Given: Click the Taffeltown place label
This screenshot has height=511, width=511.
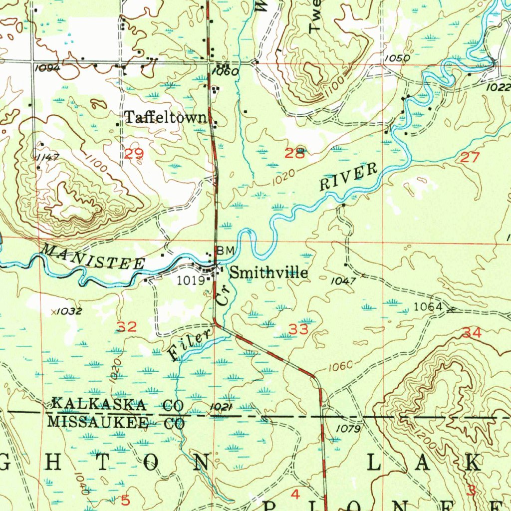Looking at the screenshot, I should coord(165,117).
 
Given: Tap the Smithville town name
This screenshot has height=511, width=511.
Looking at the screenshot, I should coord(269,273).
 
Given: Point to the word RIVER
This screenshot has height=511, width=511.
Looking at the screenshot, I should coord(349,177).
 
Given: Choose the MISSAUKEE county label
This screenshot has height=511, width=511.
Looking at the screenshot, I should coord(97,423).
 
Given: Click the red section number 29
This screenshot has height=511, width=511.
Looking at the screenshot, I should coord(134,154).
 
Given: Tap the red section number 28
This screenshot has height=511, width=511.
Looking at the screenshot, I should coord(294,154).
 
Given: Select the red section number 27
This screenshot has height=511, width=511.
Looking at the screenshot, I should coord(470,158).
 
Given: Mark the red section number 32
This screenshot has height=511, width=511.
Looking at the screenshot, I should coord(127,327).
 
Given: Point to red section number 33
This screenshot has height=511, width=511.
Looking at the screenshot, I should coord(299,329).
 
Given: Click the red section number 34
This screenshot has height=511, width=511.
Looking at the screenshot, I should coord(472,333).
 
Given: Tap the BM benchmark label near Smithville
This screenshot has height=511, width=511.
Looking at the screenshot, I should coord(225,251).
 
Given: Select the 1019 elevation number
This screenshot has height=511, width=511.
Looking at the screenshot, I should coord(191,280).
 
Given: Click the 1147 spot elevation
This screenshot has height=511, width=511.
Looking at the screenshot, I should coord(48,157).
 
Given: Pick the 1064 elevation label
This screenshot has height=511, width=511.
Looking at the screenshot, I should coord(428,307).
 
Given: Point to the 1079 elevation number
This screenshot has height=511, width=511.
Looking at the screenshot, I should coord(347,428).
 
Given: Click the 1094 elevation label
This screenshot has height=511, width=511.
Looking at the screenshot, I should coord(48,68).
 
